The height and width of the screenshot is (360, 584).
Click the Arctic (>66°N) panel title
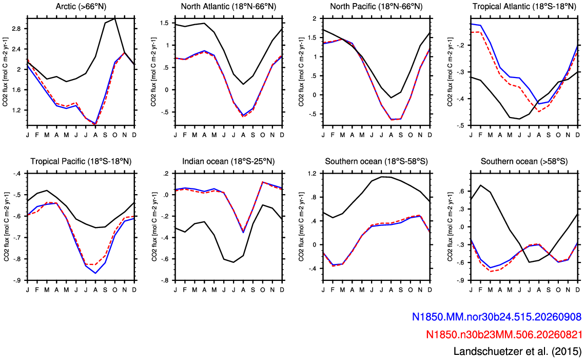point(81,6)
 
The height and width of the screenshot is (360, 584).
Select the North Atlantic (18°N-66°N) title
point(228,6)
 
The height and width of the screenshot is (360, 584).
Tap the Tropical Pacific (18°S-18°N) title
point(81,161)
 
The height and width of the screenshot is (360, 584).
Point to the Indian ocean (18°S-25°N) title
point(228,161)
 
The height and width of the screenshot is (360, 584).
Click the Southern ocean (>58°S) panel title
point(524,161)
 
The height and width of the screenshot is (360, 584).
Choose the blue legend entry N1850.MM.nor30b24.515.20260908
point(496,317)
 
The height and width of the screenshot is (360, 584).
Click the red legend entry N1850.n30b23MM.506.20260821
point(503,334)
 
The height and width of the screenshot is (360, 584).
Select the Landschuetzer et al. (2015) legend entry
point(517,351)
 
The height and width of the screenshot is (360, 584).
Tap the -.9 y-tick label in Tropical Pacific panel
point(17,280)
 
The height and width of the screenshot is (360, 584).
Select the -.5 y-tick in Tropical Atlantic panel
point(462,126)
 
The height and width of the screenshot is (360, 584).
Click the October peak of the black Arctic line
point(115,18)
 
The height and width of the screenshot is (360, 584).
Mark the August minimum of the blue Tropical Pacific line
point(95,273)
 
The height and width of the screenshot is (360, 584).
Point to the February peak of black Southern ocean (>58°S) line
point(480,185)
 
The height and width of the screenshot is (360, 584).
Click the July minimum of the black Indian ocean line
point(233,262)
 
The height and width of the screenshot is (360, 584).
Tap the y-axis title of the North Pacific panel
point(301,71)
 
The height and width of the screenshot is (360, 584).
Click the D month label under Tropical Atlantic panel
point(578,135)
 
